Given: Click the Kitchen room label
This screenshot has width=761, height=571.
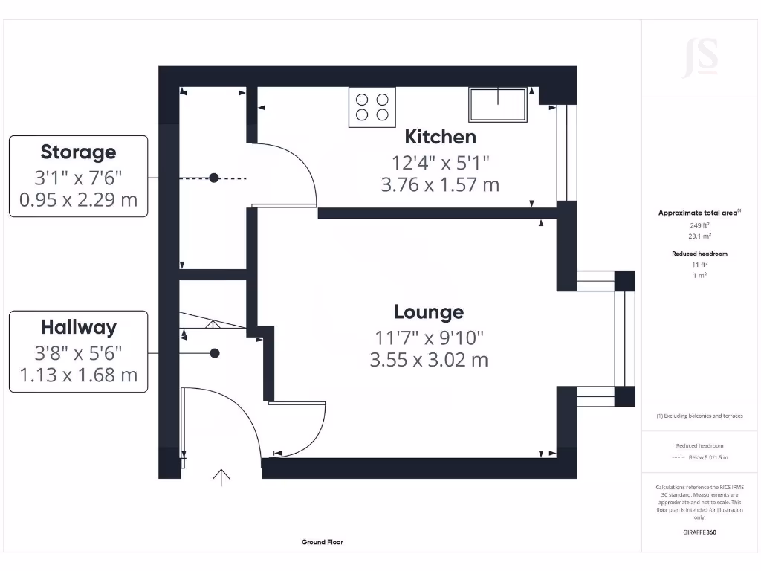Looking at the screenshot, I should point(440,137).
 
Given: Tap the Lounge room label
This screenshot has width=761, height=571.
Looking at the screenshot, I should point(429,312).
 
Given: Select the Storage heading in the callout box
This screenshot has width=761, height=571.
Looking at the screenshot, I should point(78,152).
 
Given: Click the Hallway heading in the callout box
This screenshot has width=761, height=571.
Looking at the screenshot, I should point(78,327).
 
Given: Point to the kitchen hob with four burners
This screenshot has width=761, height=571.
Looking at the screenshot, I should point(372,106).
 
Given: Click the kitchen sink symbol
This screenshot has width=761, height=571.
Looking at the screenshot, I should point(497,104).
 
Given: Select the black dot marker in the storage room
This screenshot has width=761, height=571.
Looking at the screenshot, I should point(214,178).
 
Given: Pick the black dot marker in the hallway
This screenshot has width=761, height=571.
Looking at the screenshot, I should point(215,354).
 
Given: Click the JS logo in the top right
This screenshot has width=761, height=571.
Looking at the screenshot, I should point(700,57).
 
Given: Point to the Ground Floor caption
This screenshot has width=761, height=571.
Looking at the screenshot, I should point(323,543).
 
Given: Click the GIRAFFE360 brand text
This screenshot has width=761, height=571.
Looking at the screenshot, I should point(699,532).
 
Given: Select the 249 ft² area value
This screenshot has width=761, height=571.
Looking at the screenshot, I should point(699,224).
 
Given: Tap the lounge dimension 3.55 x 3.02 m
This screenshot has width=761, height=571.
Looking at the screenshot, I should point(429,361).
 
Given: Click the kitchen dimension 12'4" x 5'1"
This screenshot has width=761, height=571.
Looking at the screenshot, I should point(440,161).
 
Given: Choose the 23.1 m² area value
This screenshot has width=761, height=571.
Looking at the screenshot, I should point(699,236).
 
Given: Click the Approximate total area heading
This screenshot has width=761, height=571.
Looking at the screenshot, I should point(699,213).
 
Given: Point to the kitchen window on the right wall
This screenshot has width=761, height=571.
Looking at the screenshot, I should point(567,152).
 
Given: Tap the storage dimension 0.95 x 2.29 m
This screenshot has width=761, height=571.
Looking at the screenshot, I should point(78,200).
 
